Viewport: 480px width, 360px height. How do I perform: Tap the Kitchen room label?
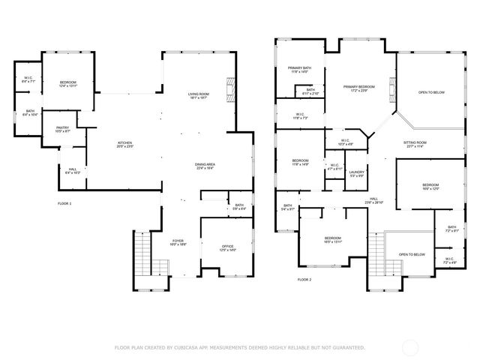coord(125,145)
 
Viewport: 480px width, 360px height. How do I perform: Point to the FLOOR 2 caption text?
coord(304,279)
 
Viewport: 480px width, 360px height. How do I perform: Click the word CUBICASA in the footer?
coord(184,347)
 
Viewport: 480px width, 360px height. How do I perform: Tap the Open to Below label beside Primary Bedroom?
coord(431,92)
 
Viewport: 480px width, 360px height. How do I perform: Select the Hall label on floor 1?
coord(73,171)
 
